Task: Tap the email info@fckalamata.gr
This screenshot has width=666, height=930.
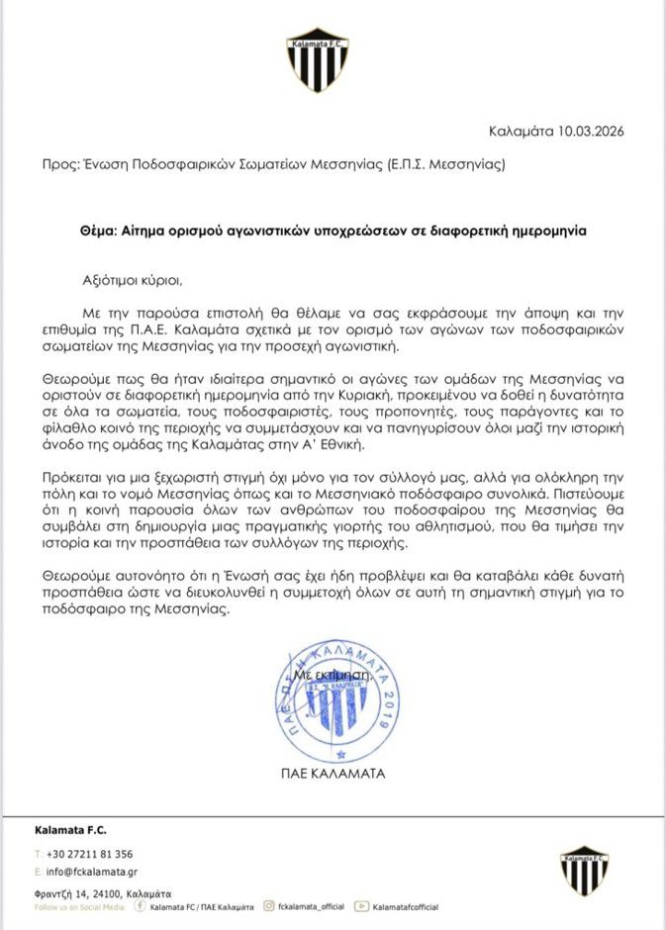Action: pos(90,873)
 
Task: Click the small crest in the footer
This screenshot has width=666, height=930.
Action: pos(584,870)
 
